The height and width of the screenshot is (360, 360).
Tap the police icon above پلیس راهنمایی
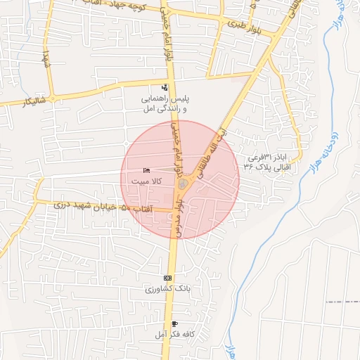click(x=165, y=88)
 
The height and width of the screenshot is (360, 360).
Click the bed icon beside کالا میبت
click(x=146, y=171)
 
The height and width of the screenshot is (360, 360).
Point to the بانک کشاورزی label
click(x=168, y=289)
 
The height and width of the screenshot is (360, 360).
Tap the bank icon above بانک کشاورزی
click(x=167, y=278)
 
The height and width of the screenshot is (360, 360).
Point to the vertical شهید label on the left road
click(x=46, y=59)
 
